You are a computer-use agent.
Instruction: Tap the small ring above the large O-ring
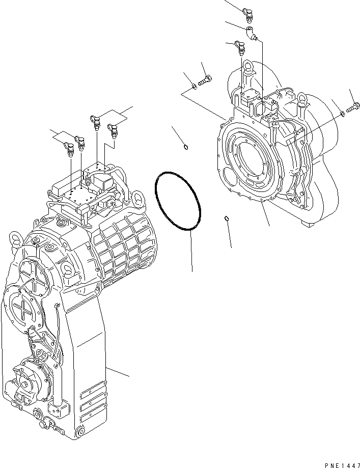tap(186, 148)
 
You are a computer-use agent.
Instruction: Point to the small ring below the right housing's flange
tap(227, 219)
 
